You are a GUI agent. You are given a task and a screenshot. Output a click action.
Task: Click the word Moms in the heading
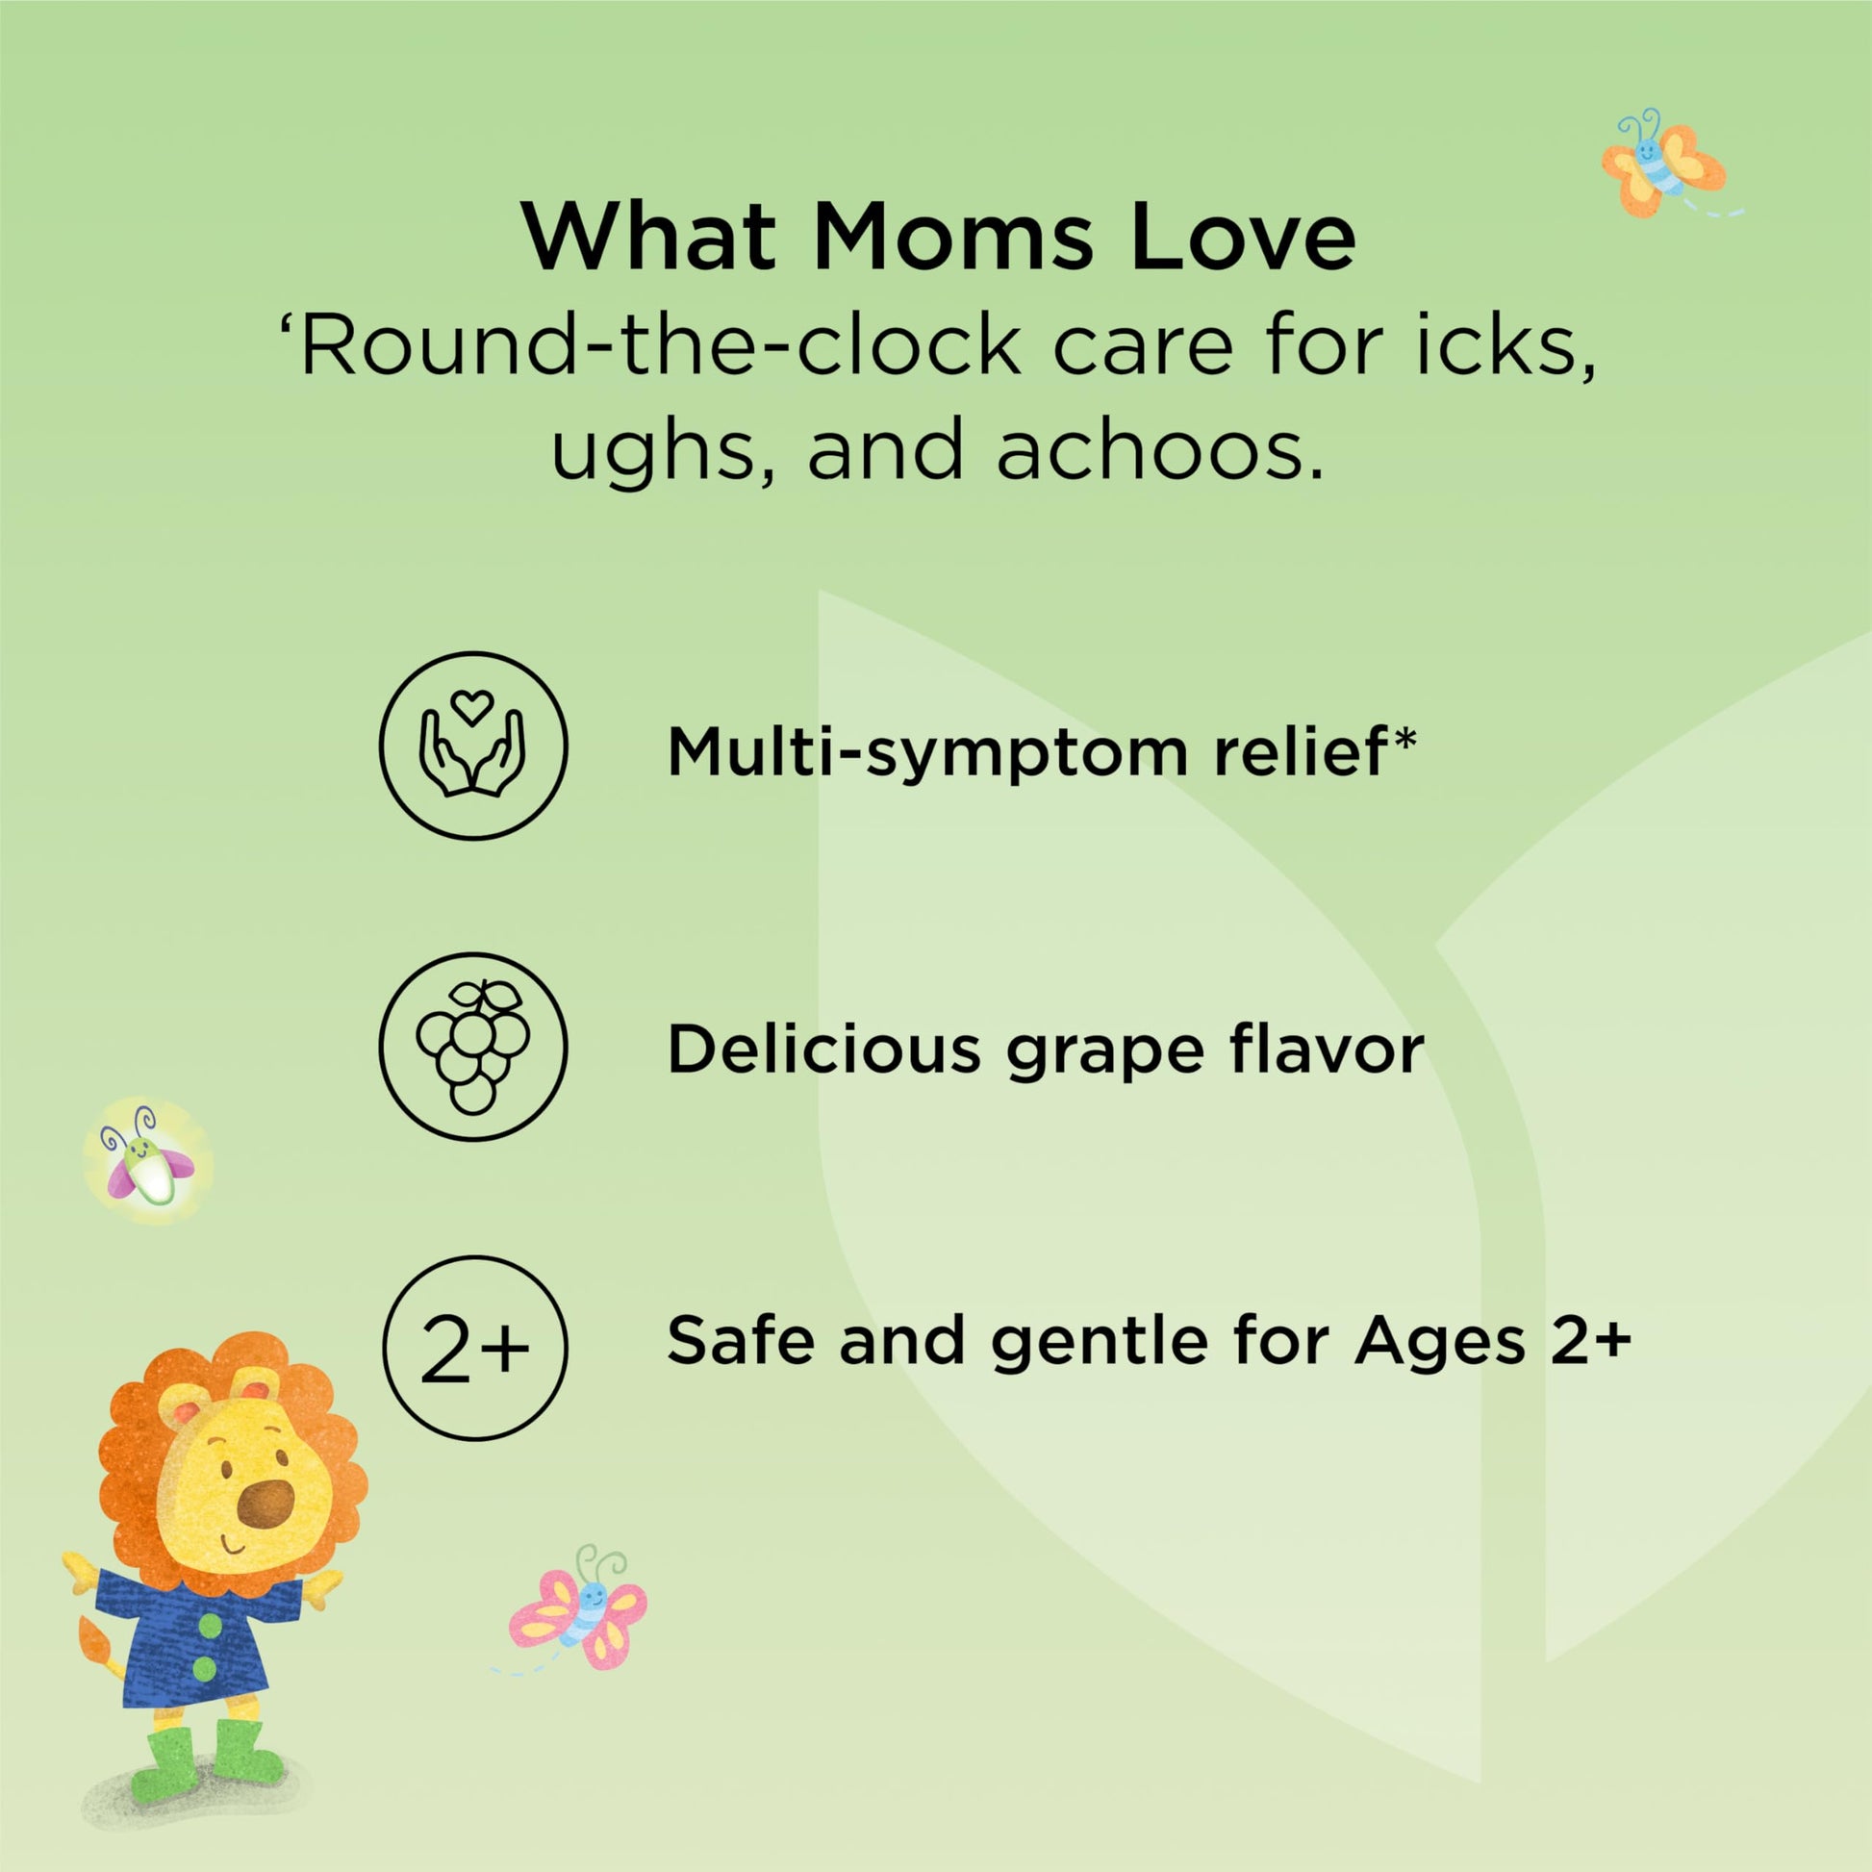(954, 238)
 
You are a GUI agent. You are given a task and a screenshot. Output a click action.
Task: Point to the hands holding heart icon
(472, 745)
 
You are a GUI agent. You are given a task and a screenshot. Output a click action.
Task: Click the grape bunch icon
(472, 1046)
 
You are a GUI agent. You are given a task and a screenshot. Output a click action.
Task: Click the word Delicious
(823, 1050)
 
